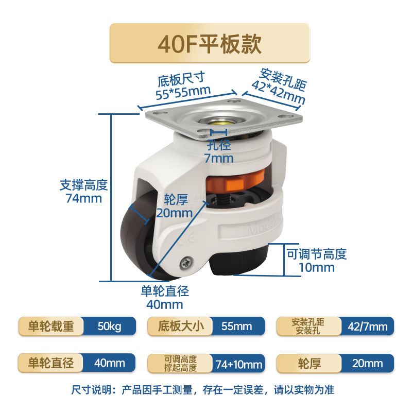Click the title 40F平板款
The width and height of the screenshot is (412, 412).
tap(210, 44)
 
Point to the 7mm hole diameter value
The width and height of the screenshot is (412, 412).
tap(219, 158)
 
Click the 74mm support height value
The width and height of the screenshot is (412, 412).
tap(84, 198)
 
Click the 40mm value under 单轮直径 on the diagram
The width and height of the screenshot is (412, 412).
tap(165, 304)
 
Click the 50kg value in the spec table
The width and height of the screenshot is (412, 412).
tap(109, 327)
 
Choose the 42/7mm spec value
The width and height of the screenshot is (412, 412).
tap(367, 327)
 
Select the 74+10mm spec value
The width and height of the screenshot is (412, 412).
tap(238, 364)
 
